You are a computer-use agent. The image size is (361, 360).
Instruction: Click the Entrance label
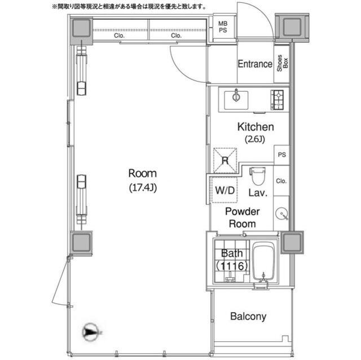[x=254, y=64]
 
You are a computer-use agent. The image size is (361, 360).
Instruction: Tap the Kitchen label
[x=255, y=127]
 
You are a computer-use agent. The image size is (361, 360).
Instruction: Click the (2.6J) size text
[x=255, y=139]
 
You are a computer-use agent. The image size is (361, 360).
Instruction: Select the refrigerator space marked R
[x=225, y=159]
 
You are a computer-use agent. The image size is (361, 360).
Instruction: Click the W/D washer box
[x=224, y=190]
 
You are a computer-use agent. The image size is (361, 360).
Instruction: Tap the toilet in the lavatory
[x=257, y=176]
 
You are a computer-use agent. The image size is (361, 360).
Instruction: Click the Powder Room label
[x=242, y=217]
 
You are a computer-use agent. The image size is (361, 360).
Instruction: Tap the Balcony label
[x=248, y=317]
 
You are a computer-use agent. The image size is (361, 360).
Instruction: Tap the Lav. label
[x=258, y=193]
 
